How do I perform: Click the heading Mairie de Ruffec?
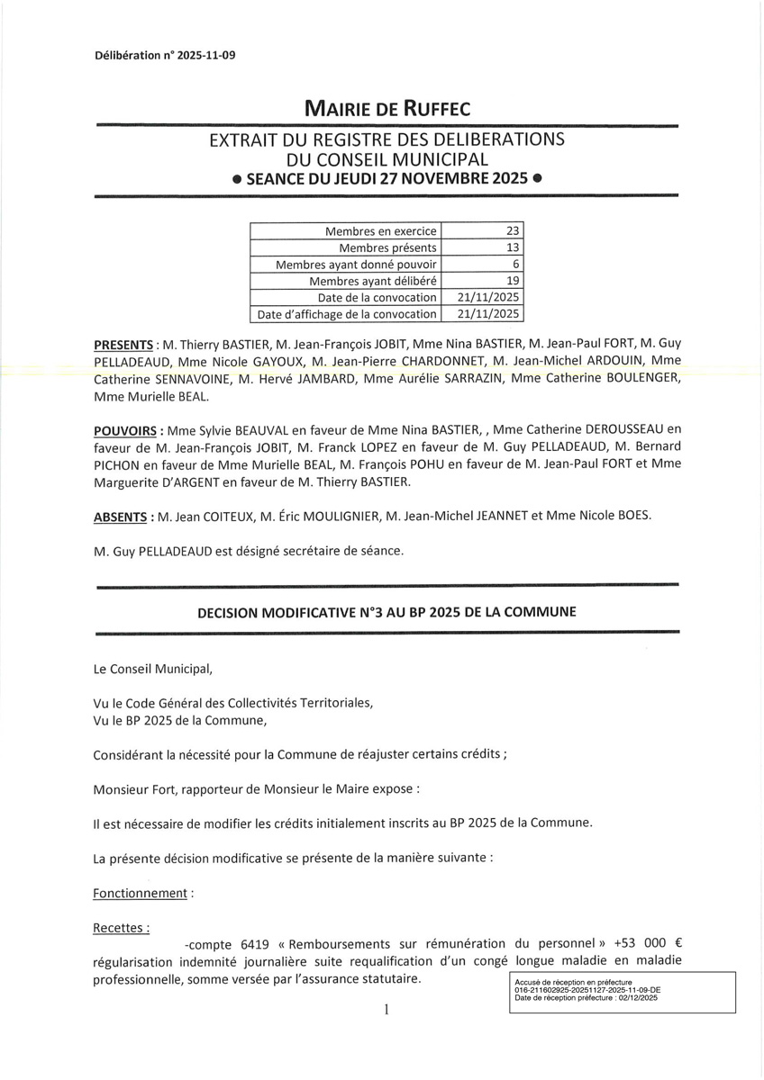[387, 110]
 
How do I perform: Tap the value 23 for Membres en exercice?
[513, 231]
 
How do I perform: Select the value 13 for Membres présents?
[513, 247]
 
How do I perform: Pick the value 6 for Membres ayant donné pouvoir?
[516, 265]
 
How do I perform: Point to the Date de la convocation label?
[377, 298]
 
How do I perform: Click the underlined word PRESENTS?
[123, 346]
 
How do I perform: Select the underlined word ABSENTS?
[121, 517]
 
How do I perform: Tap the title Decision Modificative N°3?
[387, 612]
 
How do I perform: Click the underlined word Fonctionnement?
[140, 894]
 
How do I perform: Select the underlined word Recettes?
[120, 927]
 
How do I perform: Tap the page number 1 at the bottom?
[387, 1010]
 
